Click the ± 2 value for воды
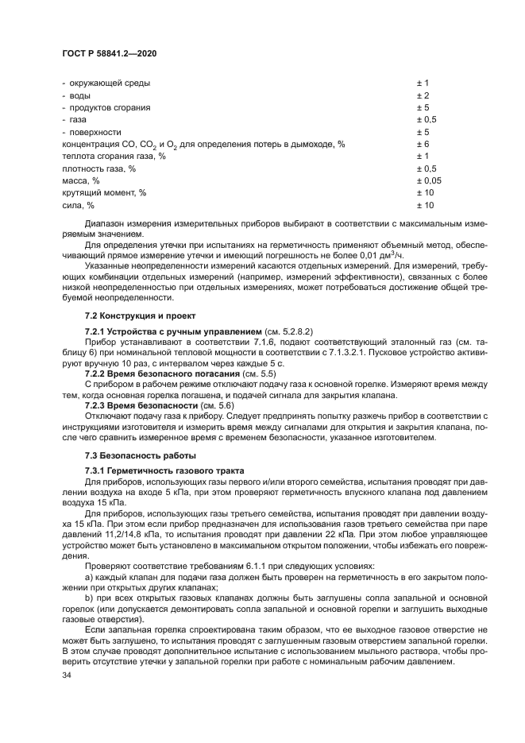click(423, 95)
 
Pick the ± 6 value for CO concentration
click(423, 144)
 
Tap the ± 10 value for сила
click(425, 206)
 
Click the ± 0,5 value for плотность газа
click(427, 168)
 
